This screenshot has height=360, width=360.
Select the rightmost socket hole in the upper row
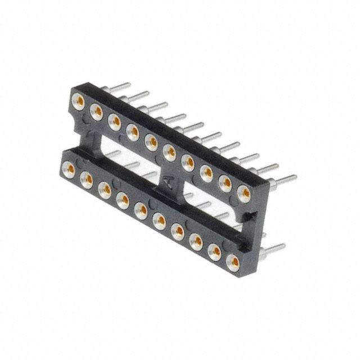click(x=245, y=192)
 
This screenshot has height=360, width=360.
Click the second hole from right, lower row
click(x=214, y=252)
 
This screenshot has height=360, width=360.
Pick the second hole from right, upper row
click(x=226, y=182)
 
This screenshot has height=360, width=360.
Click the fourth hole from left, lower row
click(x=123, y=199)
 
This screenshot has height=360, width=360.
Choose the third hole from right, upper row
click(x=206, y=171)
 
